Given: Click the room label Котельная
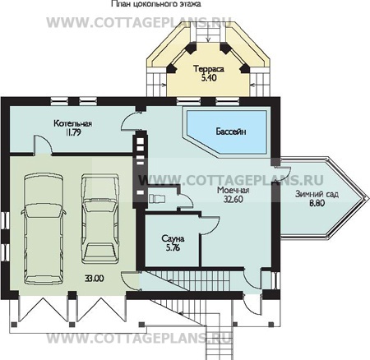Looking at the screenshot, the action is pyautogui.click(x=72, y=123).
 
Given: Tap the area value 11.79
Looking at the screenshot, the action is pyautogui.click(x=73, y=133).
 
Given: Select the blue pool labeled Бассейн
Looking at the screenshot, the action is pyautogui.click(x=226, y=132).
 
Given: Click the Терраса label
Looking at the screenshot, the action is pyautogui.click(x=209, y=68).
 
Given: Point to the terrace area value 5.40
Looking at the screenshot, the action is pyautogui.click(x=209, y=78).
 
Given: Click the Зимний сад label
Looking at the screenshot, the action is pyautogui.click(x=317, y=194).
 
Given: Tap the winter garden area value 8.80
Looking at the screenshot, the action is pyautogui.click(x=317, y=203).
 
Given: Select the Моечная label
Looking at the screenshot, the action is pyautogui.click(x=234, y=190).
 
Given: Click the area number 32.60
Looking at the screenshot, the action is pyautogui.click(x=234, y=200).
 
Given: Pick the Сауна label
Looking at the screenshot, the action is pyautogui.click(x=173, y=238).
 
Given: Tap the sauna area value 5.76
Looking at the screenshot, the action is pyautogui.click(x=173, y=248).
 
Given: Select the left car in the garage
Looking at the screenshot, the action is pyautogui.click(x=44, y=228).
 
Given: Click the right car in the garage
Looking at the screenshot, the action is pyautogui.click(x=100, y=218).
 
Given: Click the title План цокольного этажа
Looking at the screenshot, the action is pyautogui.click(x=156, y=4).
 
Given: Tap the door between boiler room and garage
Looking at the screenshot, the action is pyautogui.click(x=43, y=145).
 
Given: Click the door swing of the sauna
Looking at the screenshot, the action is pyautogui.click(x=210, y=225).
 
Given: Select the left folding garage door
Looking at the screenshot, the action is pyautogui.click(x=44, y=310).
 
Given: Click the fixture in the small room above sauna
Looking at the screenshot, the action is pyautogui.click(x=157, y=199).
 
